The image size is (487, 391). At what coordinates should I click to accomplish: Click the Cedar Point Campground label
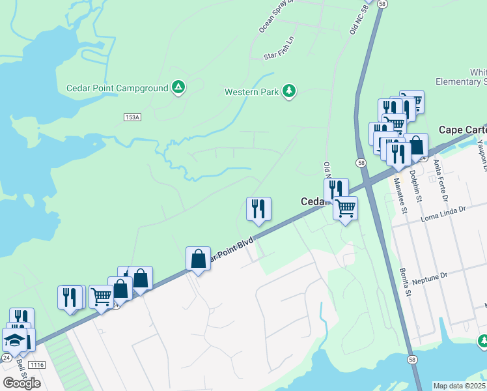117,88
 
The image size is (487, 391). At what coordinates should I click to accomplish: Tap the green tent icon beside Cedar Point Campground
178,87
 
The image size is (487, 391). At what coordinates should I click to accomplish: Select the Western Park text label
251,92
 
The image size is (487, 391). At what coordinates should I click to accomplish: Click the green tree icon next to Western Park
289,91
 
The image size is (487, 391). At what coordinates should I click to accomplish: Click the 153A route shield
132,117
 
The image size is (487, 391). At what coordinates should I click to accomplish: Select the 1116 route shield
36,365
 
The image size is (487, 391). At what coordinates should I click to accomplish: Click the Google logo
21,383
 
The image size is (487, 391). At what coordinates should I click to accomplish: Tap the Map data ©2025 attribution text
460,386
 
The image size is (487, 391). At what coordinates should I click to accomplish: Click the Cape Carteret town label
462,130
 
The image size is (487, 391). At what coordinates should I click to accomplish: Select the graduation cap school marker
14,341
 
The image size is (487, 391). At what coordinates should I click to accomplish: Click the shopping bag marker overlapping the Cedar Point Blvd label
198,259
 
